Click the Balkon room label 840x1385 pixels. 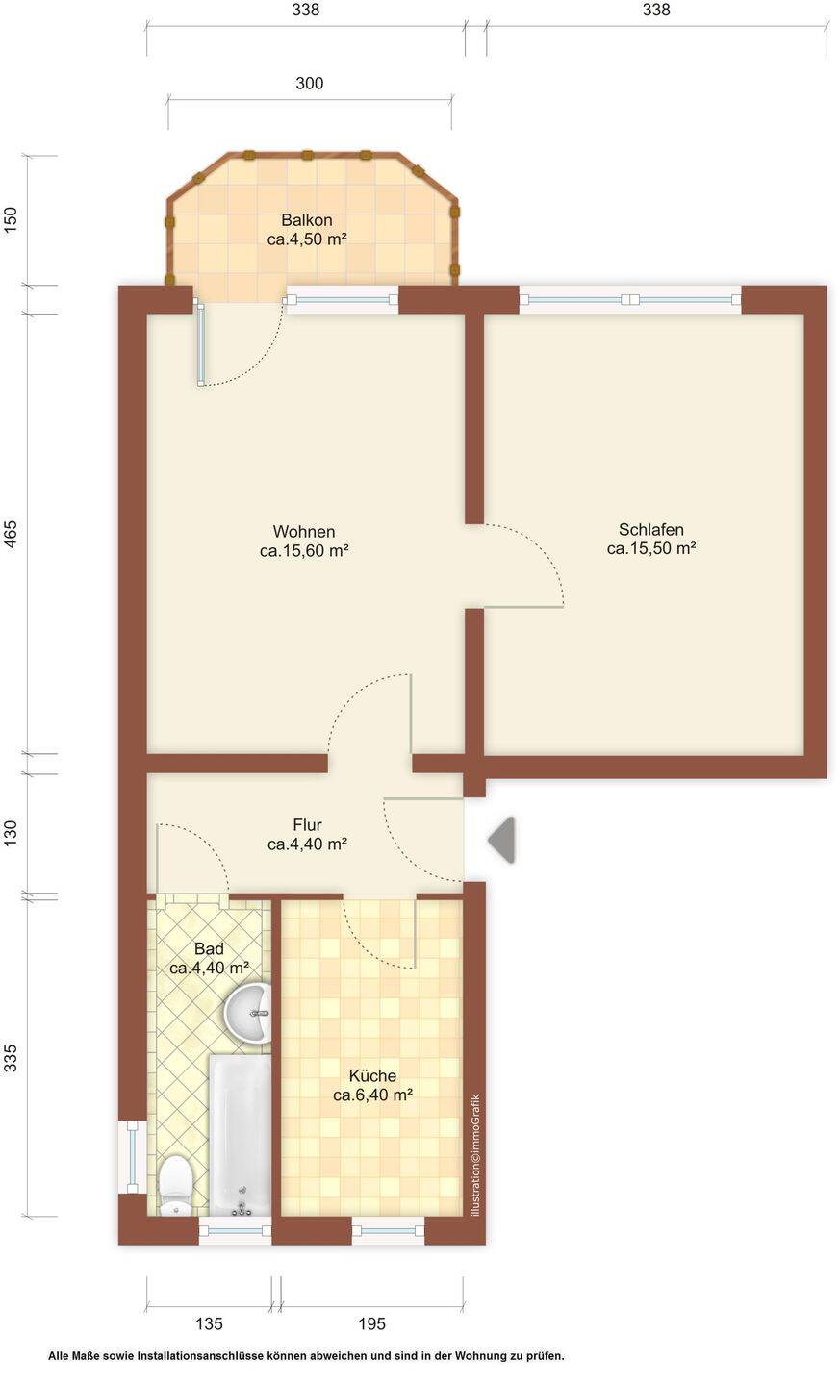point(307,229)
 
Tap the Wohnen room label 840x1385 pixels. point(304,541)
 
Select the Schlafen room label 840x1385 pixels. point(651,539)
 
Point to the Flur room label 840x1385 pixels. point(308,834)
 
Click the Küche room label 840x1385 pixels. point(373,1085)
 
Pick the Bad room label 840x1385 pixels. point(209,958)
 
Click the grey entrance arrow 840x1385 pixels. point(501,840)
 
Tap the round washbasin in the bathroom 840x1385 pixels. point(247,1014)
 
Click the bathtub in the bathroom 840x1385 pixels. point(241,1135)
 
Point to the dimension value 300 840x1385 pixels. point(309,84)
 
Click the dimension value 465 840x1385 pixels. point(11,534)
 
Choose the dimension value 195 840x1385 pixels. point(371,1323)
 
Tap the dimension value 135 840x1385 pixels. point(209,1323)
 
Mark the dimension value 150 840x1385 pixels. point(11,220)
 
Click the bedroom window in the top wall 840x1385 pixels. point(629,300)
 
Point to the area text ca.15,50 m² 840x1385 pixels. point(651,548)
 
